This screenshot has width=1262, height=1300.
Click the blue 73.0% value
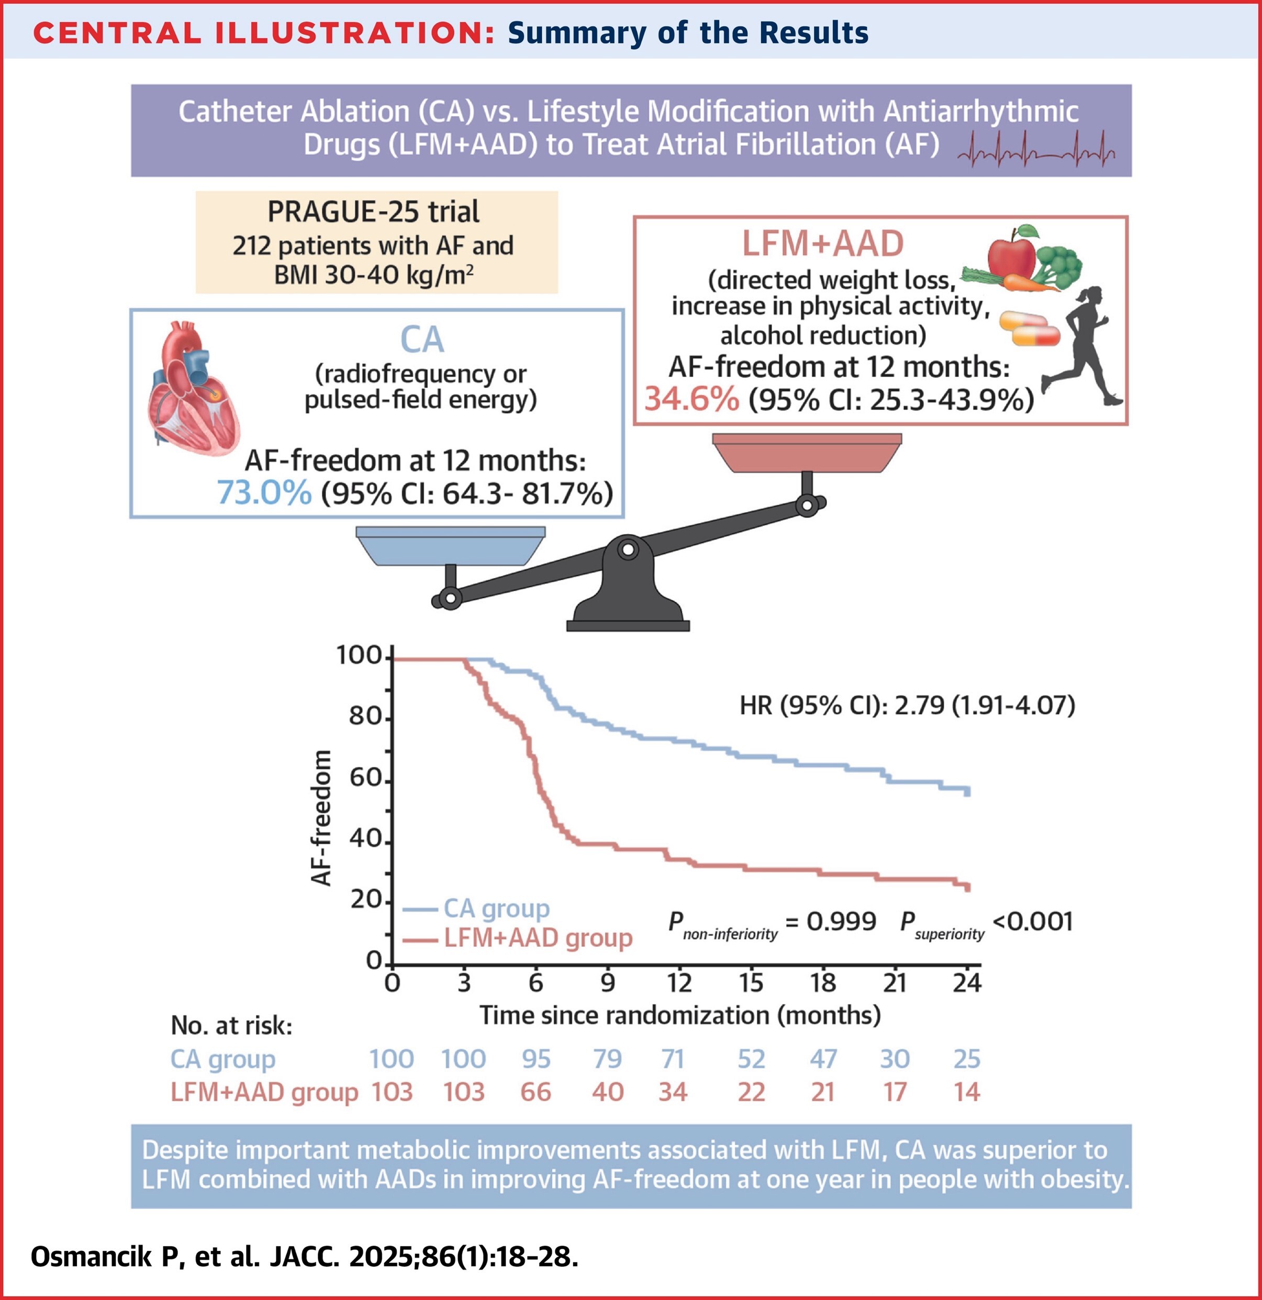(x=264, y=493)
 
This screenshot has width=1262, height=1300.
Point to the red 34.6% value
(x=691, y=399)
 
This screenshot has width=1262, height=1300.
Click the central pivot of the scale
(x=628, y=550)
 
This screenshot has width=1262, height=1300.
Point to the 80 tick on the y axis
(x=365, y=718)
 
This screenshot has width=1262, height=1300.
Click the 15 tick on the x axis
(x=751, y=982)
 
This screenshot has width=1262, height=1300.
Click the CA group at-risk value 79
(x=607, y=1059)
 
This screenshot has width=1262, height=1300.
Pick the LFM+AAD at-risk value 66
(x=535, y=1092)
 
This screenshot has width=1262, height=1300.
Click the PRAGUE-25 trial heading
(x=374, y=211)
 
